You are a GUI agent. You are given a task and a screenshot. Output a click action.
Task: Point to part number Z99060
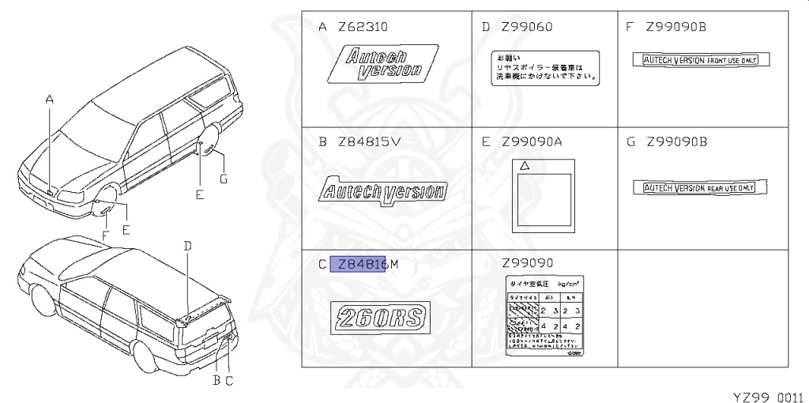coord(527,28)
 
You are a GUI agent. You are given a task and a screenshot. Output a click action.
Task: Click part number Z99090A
coord(532,142)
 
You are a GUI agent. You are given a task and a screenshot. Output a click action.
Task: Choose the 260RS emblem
coord(382,318)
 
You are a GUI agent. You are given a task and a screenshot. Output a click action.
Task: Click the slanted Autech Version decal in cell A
coord(382,63)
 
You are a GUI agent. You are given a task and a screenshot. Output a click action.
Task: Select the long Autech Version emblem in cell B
coord(382,191)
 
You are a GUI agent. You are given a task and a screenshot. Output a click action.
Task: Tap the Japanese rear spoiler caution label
coord(545,68)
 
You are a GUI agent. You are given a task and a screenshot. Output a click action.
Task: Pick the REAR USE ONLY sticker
coord(701,187)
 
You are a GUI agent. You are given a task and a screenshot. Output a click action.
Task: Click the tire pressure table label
coord(544,317)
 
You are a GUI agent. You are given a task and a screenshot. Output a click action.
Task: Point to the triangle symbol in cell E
coord(523,167)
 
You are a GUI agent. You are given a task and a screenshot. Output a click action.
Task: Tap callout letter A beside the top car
coord(49,100)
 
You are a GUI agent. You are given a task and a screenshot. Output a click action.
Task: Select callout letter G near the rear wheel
coord(224,179)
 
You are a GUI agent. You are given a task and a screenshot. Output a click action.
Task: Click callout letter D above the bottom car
coord(187,246)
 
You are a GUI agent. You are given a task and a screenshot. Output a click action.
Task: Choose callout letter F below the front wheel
coord(105,235)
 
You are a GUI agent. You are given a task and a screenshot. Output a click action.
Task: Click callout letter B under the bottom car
coord(215,380)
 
